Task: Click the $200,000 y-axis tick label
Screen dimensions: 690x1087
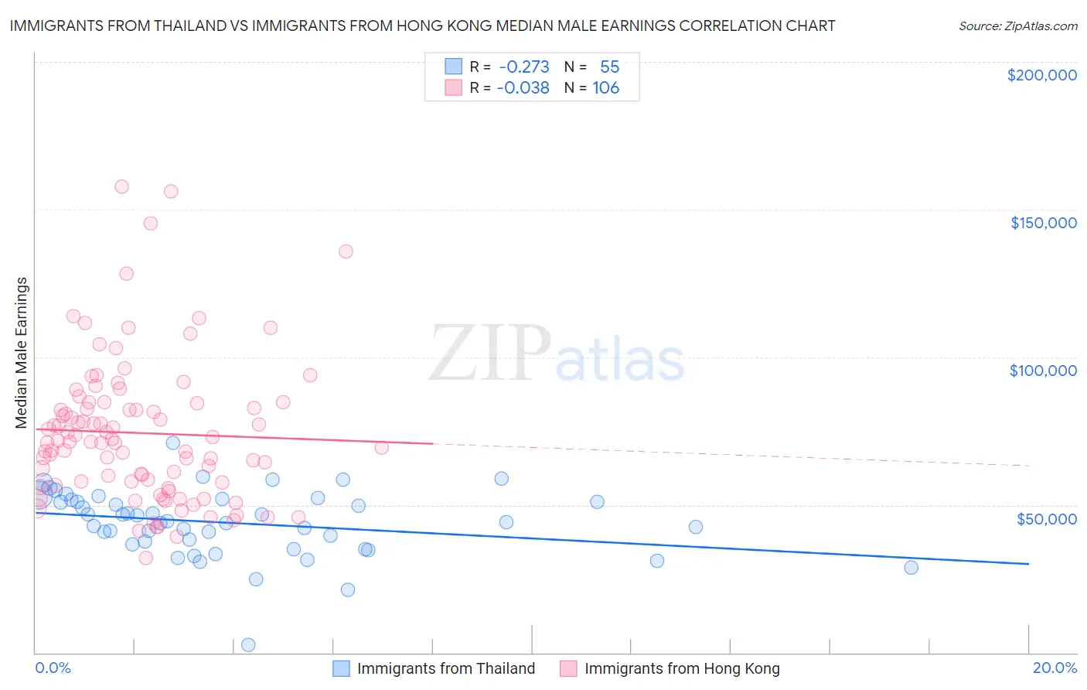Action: click(1041, 75)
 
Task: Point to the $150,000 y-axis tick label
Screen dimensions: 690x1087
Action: click(1043, 223)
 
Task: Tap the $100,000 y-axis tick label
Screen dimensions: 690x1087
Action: click(1043, 371)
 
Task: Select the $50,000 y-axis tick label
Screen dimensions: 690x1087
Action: click(1046, 519)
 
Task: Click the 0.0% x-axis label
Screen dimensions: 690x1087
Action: click(53, 668)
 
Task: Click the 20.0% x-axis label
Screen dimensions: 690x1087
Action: click(1055, 668)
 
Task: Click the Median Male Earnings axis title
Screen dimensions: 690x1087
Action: click(22, 353)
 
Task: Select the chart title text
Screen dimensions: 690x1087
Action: click(422, 26)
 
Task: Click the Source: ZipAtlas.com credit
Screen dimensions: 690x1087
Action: click(1017, 26)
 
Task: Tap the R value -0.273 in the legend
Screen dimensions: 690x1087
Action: click(524, 67)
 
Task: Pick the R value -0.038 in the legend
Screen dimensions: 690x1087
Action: click(523, 88)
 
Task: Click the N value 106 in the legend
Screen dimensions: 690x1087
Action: click(606, 88)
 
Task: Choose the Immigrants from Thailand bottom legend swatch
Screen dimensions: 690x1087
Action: click(342, 668)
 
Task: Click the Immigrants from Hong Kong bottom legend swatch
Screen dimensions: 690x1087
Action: click(569, 668)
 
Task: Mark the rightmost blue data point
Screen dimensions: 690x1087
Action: click(911, 567)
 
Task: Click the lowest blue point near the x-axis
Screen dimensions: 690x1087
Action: click(248, 644)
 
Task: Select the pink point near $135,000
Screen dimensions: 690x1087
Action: click(346, 251)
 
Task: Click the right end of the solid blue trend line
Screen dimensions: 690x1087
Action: click(1028, 564)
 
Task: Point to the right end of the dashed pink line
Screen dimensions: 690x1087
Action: click(1028, 466)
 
